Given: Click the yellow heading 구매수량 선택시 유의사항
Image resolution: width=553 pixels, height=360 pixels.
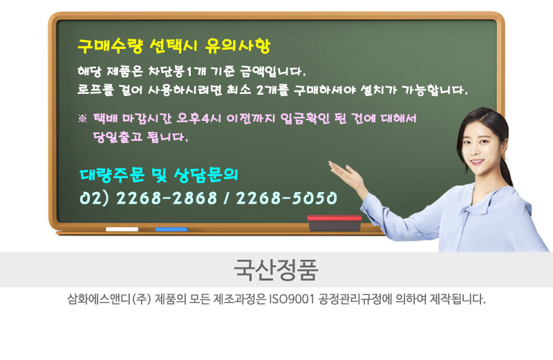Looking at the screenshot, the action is [174, 46].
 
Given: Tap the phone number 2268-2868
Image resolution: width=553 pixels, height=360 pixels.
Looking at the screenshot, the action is [167, 198].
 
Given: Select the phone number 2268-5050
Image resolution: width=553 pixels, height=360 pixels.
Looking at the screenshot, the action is [286, 198].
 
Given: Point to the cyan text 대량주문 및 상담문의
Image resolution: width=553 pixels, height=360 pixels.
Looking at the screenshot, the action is [159, 176].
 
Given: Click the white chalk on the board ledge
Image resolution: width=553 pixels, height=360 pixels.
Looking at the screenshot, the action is [122, 229].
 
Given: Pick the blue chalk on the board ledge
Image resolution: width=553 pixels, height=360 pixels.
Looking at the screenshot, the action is [171, 229].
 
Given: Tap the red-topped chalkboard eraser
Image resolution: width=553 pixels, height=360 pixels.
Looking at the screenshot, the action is [335, 222].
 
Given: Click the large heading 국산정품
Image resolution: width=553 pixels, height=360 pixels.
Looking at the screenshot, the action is [276, 269].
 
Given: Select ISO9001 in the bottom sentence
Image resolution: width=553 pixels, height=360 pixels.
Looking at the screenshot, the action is [291, 299].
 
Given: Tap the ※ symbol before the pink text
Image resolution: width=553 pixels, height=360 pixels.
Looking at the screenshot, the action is [82, 118].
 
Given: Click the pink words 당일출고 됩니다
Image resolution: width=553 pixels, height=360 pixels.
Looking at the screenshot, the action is [140, 136].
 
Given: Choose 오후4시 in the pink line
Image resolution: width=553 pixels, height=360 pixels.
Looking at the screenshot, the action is [199, 118].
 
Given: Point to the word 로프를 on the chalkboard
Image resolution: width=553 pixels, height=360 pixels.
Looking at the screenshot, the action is [96, 90].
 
